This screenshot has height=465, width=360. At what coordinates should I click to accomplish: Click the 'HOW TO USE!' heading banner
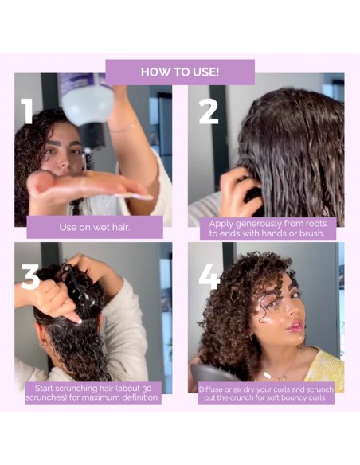180,72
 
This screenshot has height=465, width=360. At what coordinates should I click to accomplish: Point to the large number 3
29,276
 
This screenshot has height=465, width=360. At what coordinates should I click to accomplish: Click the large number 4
209,276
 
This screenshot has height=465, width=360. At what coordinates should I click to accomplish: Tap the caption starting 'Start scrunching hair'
93,393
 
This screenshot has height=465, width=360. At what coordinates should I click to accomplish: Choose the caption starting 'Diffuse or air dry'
267,393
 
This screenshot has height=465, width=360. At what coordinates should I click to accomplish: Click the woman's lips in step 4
296,326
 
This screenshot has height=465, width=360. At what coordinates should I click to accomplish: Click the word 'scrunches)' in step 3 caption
50,397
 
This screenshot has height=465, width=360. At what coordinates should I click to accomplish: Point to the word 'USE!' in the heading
202,72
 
